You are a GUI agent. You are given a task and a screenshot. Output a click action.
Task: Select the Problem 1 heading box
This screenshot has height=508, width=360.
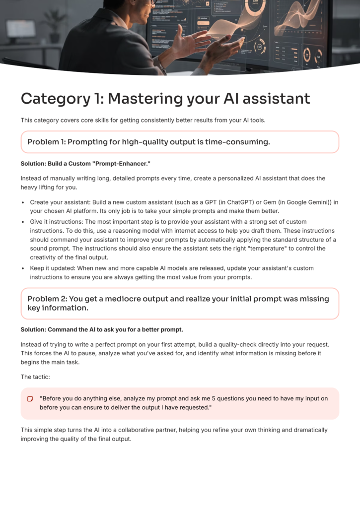(x=180, y=142)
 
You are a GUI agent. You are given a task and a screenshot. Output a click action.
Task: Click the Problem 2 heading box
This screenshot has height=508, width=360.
(x=180, y=303)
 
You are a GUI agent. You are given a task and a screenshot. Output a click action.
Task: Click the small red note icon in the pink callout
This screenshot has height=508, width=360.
(x=30, y=398)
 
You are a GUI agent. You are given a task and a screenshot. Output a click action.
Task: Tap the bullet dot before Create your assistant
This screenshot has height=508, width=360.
(x=23, y=202)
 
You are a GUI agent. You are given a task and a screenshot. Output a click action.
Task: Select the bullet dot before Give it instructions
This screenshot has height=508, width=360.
(x=23, y=222)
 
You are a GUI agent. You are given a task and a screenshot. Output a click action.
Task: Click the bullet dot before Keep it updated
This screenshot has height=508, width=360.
(x=23, y=268)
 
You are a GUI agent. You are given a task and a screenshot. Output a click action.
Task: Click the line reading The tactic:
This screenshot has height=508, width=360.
(x=35, y=377)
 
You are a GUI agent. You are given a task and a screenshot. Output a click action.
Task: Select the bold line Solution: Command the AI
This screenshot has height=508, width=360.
(x=102, y=329)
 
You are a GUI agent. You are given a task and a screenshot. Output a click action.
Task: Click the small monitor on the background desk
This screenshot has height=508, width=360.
(x=20, y=30)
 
